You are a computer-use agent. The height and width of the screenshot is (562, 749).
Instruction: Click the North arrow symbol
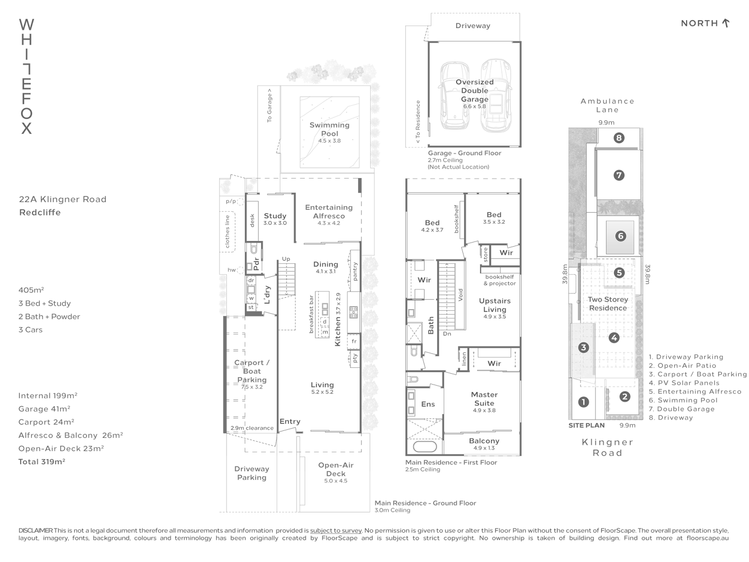726,23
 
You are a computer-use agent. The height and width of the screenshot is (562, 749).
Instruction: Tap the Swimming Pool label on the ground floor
329,129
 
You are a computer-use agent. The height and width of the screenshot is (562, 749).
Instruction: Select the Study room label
275,216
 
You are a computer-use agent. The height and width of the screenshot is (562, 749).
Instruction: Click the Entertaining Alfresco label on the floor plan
329,211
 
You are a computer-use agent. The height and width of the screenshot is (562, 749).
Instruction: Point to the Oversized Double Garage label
474,91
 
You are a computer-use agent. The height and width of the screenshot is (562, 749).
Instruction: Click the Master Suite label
484,399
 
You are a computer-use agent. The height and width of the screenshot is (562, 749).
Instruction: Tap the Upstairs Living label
495,305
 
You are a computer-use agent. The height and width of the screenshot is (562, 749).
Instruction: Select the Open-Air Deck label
335,469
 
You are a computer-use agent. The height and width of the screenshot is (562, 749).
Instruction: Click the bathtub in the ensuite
424,446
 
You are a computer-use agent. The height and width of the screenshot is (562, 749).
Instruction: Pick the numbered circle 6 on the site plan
620,236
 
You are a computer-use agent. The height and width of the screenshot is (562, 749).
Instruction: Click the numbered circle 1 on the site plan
584,402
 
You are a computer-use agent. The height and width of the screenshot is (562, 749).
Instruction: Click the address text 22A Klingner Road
62,199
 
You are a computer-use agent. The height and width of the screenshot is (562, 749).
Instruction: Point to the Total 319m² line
42,462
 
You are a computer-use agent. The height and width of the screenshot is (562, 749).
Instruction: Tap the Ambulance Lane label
608,105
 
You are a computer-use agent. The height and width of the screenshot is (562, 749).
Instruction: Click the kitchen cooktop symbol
354,312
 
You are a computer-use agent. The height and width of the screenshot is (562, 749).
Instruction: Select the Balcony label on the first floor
484,441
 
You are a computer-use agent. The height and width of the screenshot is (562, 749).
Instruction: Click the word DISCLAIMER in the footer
35,530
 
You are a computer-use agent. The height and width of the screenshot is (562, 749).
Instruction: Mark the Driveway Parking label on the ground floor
252,473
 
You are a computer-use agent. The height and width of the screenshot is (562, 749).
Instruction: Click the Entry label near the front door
290,421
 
